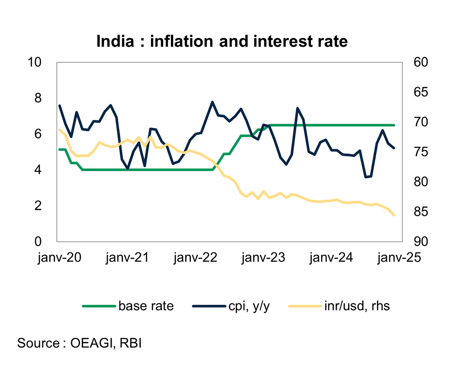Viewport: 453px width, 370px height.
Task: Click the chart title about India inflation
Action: pyautogui.click(x=222, y=41)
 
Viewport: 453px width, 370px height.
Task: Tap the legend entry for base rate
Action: pyautogui.click(x=146, y=306)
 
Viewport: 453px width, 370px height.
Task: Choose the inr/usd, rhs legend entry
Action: pyautogui.click(x=356, y=306)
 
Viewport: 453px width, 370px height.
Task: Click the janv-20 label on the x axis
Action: pyautogui.click(x=59, y=258)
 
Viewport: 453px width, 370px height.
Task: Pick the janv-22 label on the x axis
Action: pyautogui.click(x=196, y=258)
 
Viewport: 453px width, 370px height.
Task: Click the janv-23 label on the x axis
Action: pyautogui.click(x=264, y=258)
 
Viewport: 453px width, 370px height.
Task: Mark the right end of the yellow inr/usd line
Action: pyautogui.click(x=394, y=215)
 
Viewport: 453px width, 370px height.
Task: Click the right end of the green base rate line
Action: pyautogui.click(x=394, y=125)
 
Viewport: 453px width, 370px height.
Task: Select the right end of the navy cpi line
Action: pyautogui.click(x=394, y=148)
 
